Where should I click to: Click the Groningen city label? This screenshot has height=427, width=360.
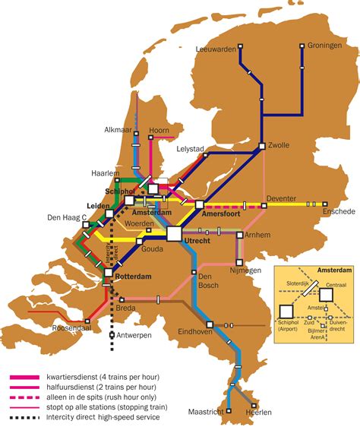pyautogui.click(x=324, y=46)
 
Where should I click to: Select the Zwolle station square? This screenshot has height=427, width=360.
pyautogui.click(x=261, y=146)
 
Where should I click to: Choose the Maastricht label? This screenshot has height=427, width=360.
pyautogui.click(x=207, y=412)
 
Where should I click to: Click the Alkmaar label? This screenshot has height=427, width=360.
pyautogui.click(x=118, y=130)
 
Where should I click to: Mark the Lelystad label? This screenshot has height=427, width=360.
pyautogui.click(x=190, y=149)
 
